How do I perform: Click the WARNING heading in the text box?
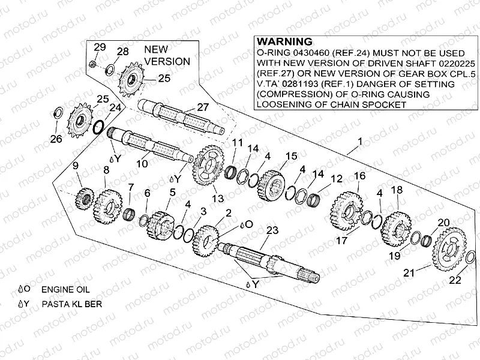pyautogui.click(x=284, y=42)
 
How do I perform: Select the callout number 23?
pyautogui.click(x=272, y=230)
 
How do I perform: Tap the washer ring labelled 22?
pyautogui.click(x=470, y=258)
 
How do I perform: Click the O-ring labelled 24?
pyautogui.click(x=100, y=128)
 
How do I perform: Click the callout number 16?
pyautogui.click(x=359, y=176)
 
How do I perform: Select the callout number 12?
pyautogui.click(x=337, y=179)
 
